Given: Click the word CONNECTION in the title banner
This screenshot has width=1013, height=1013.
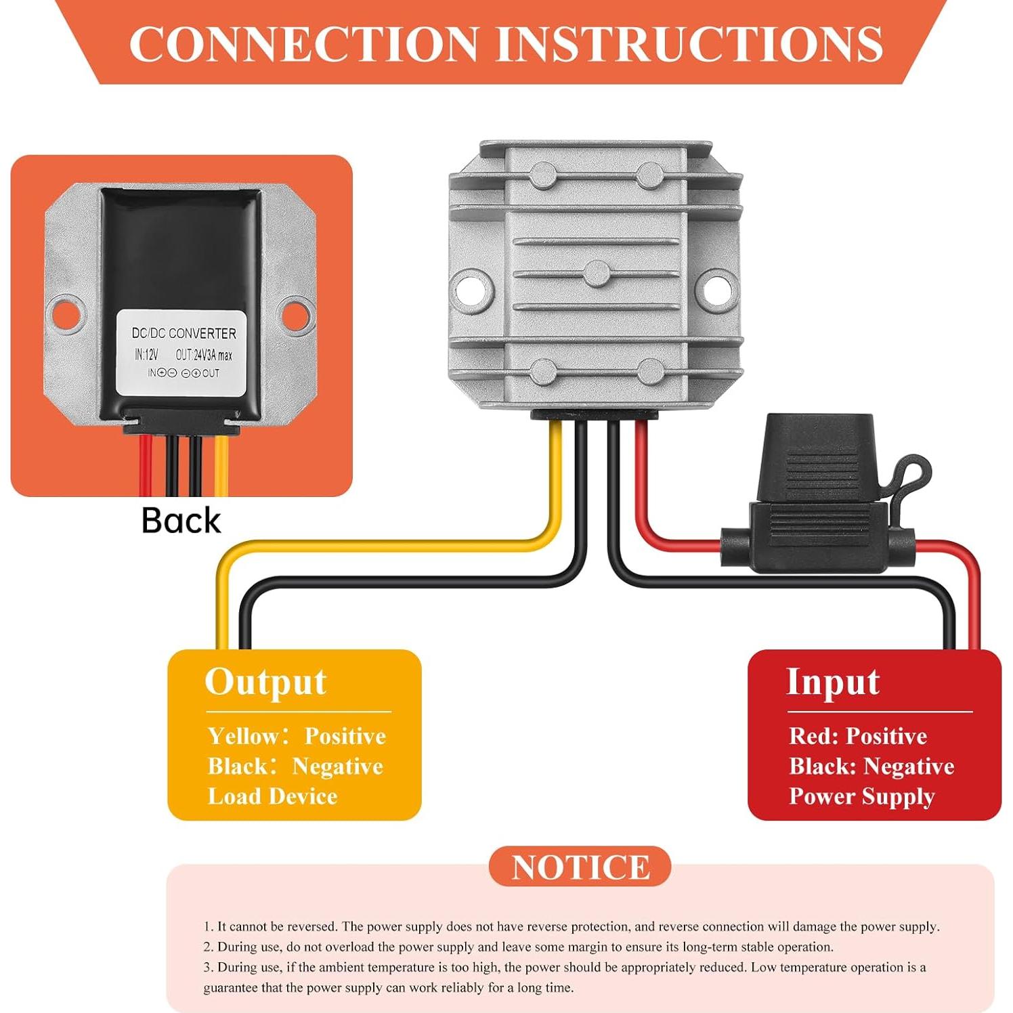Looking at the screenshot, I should click(304, 44).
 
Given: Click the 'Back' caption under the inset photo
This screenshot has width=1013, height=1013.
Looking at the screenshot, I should click(181, 521).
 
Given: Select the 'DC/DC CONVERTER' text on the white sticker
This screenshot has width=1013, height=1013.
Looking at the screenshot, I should click(184, 333).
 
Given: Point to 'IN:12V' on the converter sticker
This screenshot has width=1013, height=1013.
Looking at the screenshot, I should click(146, 355).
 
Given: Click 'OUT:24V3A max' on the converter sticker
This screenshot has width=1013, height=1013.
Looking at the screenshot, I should click(204, 355).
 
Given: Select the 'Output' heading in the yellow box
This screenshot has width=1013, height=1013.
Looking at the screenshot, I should click(265, 682).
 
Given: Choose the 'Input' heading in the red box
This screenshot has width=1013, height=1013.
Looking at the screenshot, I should click(833, 682).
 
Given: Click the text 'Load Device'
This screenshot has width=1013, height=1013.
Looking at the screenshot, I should click(272, 796).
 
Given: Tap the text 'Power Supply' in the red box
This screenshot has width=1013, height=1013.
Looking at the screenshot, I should click(861, 796).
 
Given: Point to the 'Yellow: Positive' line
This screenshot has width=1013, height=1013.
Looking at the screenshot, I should click(297, 736).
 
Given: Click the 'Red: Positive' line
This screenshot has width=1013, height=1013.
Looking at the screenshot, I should click(858, 736).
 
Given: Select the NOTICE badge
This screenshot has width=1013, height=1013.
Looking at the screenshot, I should click(580, 867).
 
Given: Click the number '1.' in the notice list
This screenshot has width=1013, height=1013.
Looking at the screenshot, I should click(209, 926).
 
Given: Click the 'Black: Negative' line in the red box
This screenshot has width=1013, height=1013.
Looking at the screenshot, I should click(871, 767).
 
